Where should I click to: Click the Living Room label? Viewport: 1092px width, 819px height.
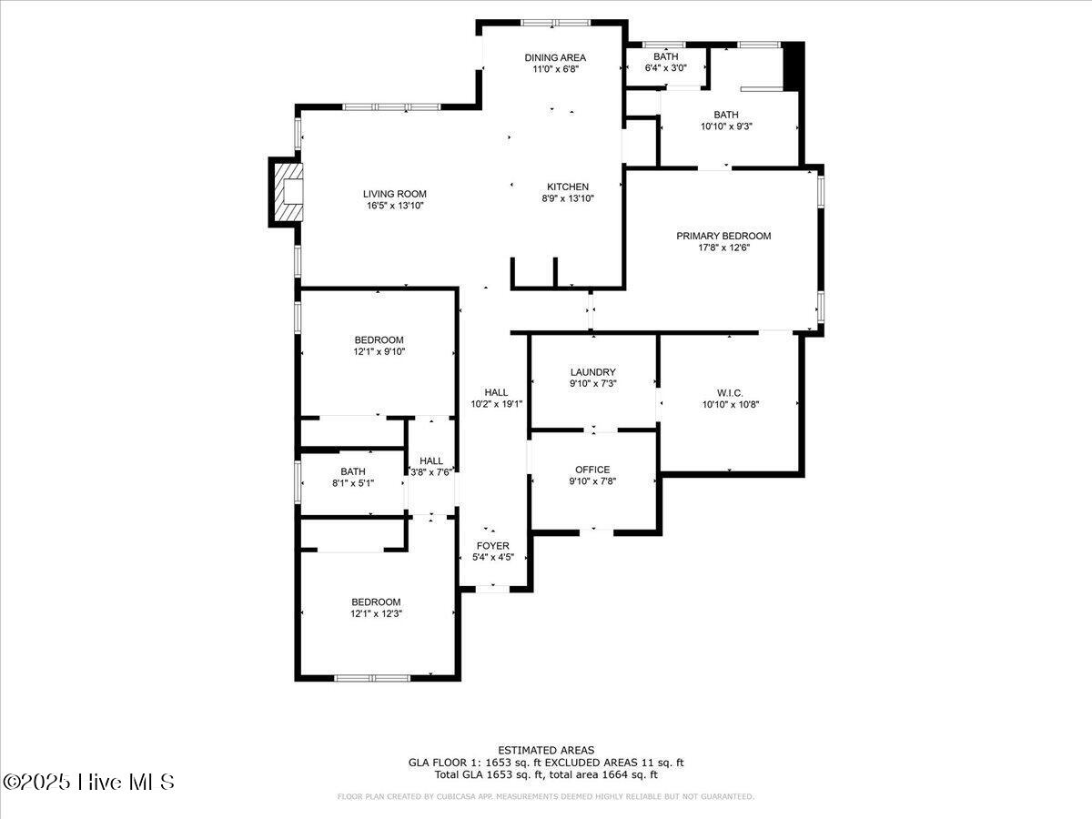395,194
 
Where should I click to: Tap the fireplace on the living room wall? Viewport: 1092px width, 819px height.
287,192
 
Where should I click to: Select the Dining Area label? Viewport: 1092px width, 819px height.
555,57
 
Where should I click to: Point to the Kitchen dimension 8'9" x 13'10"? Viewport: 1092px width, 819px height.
568,198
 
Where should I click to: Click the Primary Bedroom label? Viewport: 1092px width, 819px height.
723,236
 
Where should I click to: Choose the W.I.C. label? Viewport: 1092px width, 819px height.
730,393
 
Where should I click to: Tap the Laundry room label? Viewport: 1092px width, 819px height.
593,372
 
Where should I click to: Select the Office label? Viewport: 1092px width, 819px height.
592,470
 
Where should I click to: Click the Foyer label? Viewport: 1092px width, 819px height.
492,546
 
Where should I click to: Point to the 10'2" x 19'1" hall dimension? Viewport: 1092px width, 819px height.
497,404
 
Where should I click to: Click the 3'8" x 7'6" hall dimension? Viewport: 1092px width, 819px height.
430,472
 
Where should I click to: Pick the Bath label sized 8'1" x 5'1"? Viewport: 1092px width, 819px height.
353,471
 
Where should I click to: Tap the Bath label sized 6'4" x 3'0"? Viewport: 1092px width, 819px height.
665,56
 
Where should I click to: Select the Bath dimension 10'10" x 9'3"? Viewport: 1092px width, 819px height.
726,126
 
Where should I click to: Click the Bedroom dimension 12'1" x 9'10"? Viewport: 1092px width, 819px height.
379,351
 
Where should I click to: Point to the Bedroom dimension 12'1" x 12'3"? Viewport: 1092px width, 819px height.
376,613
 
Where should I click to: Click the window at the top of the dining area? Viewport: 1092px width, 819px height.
555,23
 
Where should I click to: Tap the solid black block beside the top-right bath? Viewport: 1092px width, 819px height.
794,66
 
